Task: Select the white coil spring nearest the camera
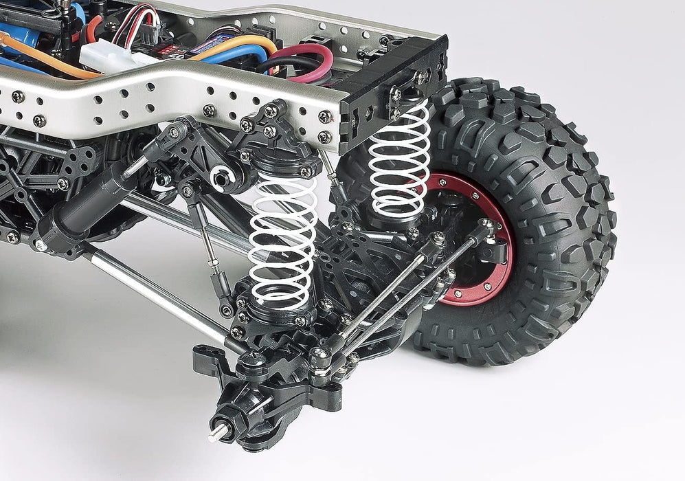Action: pos(282,240)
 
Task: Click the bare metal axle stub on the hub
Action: pos(218,432)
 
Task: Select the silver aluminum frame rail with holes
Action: pos(172,96)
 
